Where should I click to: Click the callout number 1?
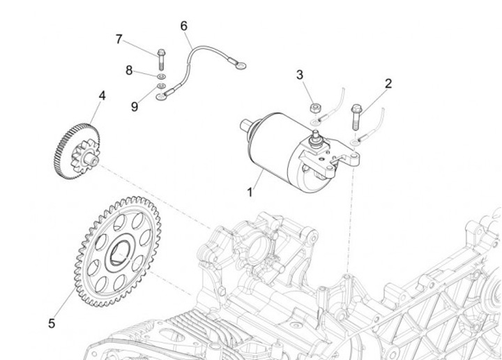[250, 190]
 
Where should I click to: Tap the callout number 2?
[388, 84]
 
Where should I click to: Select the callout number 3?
[300, 75]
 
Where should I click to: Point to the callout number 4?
[102, 95]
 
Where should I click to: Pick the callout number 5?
[52, 323]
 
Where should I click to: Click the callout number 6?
[184, 26]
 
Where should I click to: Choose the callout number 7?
[119, 39]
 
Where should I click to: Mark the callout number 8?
[129, 70]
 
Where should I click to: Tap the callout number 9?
[135, 106]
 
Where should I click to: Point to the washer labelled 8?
[162, 75]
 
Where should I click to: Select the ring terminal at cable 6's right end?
[241, 66]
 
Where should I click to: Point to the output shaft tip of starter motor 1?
[243, 125]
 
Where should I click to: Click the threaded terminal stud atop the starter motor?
[317, 135]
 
